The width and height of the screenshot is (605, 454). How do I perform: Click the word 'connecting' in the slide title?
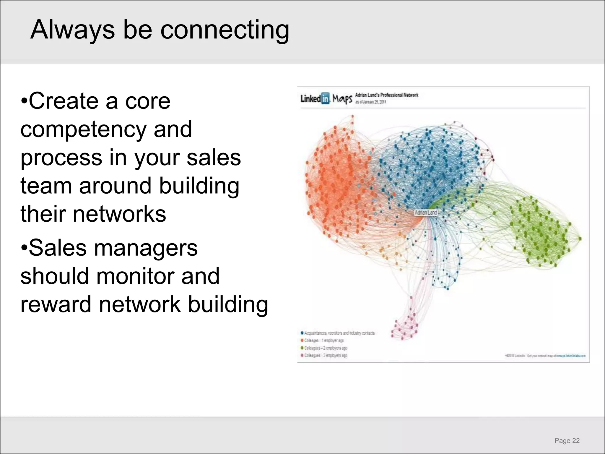point(225,30)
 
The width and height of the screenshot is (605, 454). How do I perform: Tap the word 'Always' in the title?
point(72,30)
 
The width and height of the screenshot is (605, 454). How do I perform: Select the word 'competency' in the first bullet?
point(83,129)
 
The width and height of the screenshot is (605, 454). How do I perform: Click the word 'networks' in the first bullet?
point(119,214)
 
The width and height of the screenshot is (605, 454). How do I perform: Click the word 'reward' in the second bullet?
point(56,304)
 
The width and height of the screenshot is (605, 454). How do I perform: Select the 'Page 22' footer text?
point(567,441)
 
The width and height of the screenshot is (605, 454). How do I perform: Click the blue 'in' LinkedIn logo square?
point(325,98)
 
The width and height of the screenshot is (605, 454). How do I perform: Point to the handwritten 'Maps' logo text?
point(342,99)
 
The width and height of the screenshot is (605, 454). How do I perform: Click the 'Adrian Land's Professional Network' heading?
point(386,95)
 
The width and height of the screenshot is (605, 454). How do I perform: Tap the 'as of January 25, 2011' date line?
point(370,102)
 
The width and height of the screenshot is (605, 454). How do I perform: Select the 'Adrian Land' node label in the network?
point(426,213)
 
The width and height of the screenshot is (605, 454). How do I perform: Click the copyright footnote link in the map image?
point(545,356)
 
